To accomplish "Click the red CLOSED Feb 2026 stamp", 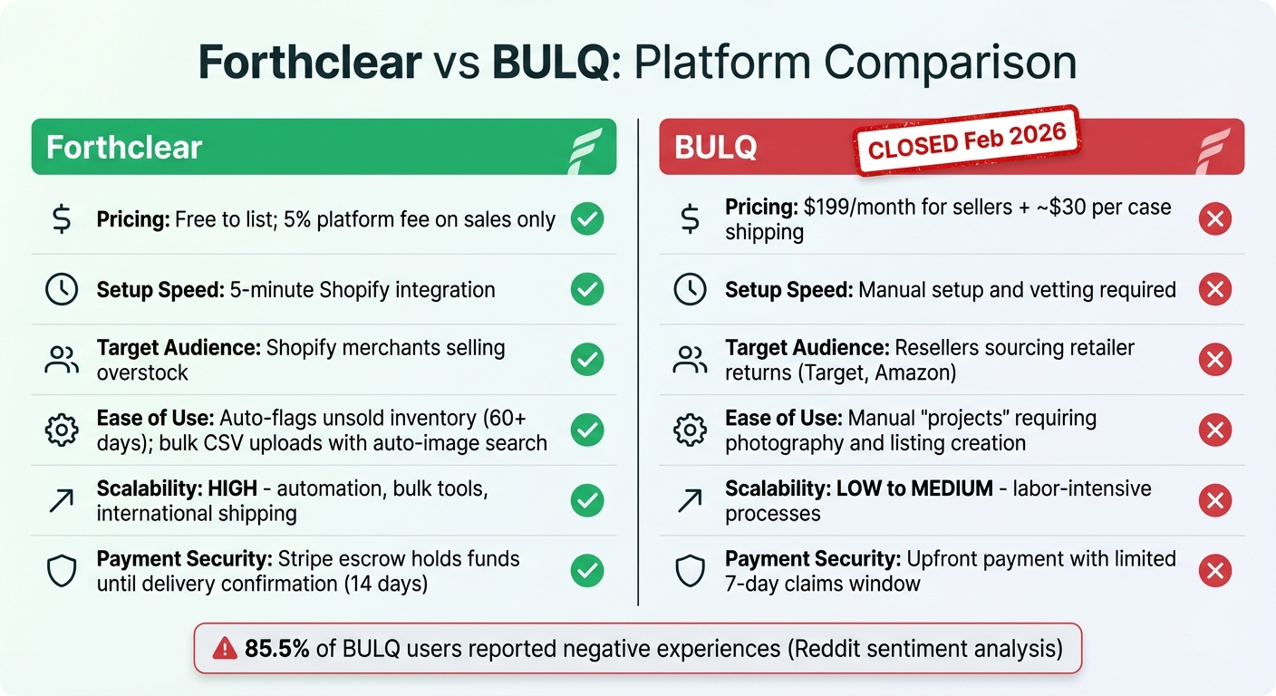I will point(967,140).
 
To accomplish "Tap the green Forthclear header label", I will point(124,148).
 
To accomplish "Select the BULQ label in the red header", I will point(716,148).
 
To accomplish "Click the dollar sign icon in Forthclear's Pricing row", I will point(62,219).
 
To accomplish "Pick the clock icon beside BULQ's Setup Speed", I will point(690,290).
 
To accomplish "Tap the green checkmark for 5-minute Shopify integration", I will point(587,290).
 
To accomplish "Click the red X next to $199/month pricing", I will point(1215,219).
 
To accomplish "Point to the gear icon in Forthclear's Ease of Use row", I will point(62,430).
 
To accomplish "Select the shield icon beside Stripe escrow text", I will point(62,571).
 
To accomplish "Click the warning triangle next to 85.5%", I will point(224,648).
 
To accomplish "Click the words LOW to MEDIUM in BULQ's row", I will point(916,488).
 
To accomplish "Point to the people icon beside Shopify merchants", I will point(62,360).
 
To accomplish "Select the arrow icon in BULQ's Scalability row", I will point(690,500).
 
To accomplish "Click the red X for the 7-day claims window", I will point(1215,571).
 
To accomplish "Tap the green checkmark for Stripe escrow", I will point(587,571).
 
